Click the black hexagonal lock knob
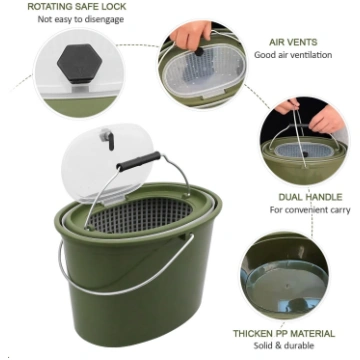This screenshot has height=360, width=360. point(79,63)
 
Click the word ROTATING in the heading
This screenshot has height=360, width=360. point(50,7)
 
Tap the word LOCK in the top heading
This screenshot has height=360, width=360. point(113,7)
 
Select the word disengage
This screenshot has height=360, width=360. point(104,19)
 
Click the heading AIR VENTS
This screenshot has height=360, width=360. point(293,42)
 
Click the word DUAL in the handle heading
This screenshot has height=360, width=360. point(290,197)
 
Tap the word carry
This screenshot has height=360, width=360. point(339,210)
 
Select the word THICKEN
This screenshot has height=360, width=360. point(252,334)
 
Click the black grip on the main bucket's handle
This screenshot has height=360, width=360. point(138,161)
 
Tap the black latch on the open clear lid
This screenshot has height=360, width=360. point(109,139)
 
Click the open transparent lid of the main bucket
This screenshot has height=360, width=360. point(107,163)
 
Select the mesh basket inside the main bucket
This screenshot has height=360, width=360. point(140,215)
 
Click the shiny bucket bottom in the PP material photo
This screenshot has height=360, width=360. point(285,286)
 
